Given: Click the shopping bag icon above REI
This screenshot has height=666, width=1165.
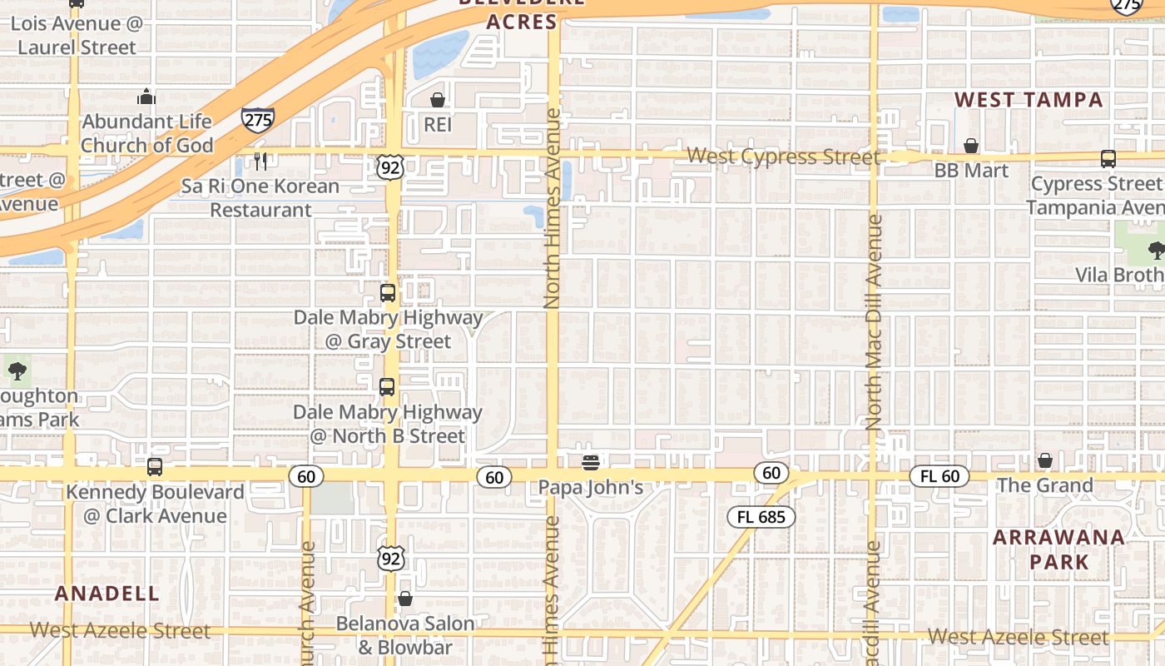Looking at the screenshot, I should pos(437,100).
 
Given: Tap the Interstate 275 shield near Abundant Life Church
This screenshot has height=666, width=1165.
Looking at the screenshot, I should pos(258,119).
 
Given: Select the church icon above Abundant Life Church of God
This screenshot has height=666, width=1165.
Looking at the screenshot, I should pos(146,97).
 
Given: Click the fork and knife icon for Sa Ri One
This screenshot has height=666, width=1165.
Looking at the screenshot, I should pos(260,160).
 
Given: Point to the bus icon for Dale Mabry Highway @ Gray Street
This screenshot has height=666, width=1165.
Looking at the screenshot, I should pos(388,293).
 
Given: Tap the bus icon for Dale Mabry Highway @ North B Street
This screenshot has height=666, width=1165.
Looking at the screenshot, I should pos(387,387).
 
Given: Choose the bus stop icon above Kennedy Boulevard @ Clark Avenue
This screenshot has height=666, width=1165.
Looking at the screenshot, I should pos(155,467).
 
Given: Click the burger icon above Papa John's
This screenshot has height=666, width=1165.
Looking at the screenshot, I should pos(591,462).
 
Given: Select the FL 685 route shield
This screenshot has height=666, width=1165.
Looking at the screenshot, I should pos(761,517).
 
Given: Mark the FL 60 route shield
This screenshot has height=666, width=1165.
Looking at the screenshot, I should pos(939,476).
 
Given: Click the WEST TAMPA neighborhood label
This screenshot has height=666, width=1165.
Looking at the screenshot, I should pos(1029,100).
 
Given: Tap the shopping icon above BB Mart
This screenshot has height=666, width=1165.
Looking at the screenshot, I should pos(970,147).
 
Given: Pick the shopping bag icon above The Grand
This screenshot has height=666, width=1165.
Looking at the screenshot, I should pos(1045,460).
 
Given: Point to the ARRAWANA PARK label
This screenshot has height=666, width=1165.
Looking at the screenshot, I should pos(1059,549).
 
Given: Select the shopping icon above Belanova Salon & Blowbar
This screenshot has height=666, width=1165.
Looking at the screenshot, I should pos(405,599).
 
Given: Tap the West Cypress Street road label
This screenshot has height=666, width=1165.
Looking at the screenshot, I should pos(783,157).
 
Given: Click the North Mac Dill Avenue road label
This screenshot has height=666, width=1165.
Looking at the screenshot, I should pos(873,322).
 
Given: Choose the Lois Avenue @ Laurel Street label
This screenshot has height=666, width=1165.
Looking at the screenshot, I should pos(77,35).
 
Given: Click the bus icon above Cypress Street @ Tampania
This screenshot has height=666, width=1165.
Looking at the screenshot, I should pos(1108,159).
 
